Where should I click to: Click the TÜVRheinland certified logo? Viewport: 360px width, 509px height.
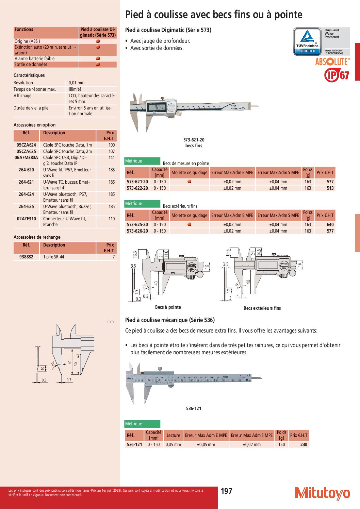point(321,41)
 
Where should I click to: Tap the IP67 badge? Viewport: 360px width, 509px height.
point(337,75)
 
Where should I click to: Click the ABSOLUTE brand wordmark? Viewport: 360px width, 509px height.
point(332,62)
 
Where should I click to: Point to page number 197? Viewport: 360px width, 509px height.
point(227,491)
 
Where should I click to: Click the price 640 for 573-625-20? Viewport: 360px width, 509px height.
point(330,224)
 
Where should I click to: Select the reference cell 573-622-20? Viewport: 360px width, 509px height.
point(137,188)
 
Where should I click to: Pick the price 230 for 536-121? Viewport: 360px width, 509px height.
point(304,444)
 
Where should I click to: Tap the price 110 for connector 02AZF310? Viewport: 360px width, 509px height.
point(112,219)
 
